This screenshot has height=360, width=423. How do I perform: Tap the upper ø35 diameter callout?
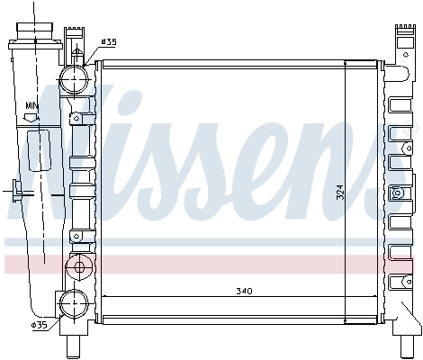108,42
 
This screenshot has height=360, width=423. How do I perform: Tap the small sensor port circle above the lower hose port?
78,266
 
